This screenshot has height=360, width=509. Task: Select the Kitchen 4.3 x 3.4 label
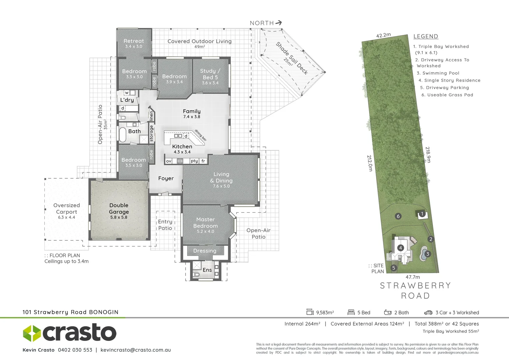(x=182, y=149)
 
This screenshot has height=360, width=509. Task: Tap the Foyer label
(x=166, y=178)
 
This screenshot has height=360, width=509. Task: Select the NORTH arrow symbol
(x=279, y=23)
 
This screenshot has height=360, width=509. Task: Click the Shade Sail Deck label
(x=291, y=58)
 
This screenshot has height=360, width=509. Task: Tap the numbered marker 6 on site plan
(x=398, y=216)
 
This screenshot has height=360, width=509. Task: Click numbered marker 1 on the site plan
(x=422, y=214)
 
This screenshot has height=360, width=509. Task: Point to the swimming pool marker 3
(x=427, y=254)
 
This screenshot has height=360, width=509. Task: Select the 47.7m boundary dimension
(x=413, y=277)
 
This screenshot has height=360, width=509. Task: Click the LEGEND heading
(x=425, y=36)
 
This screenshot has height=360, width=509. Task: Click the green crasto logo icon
(x=32, y=333)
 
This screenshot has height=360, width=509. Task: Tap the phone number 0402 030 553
(x=75, y=350)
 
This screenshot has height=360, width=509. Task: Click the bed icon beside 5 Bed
(x=351, y=312)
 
